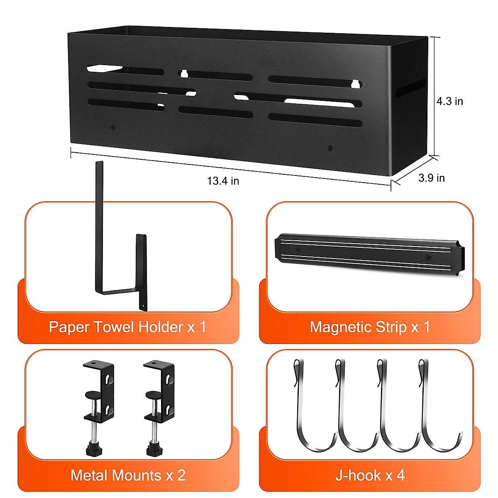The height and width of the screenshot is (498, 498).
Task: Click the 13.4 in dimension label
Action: (223, 181)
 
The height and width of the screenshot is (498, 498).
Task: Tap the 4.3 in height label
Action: (449, 101)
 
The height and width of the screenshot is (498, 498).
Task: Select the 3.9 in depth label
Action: (431, 178)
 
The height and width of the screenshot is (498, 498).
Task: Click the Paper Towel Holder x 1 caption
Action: (127, 327)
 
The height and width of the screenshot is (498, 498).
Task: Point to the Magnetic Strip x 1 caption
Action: (369, 327)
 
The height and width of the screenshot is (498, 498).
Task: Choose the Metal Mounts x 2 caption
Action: (128, 475)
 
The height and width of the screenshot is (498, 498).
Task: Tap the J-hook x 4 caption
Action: (370, 475)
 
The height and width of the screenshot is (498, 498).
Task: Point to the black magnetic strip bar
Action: (369, 253)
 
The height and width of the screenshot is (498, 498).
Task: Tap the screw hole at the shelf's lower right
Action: (330, 148)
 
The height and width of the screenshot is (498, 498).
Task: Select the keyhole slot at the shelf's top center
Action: (184, 74)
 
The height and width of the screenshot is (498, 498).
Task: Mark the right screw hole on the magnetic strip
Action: (429, 258)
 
